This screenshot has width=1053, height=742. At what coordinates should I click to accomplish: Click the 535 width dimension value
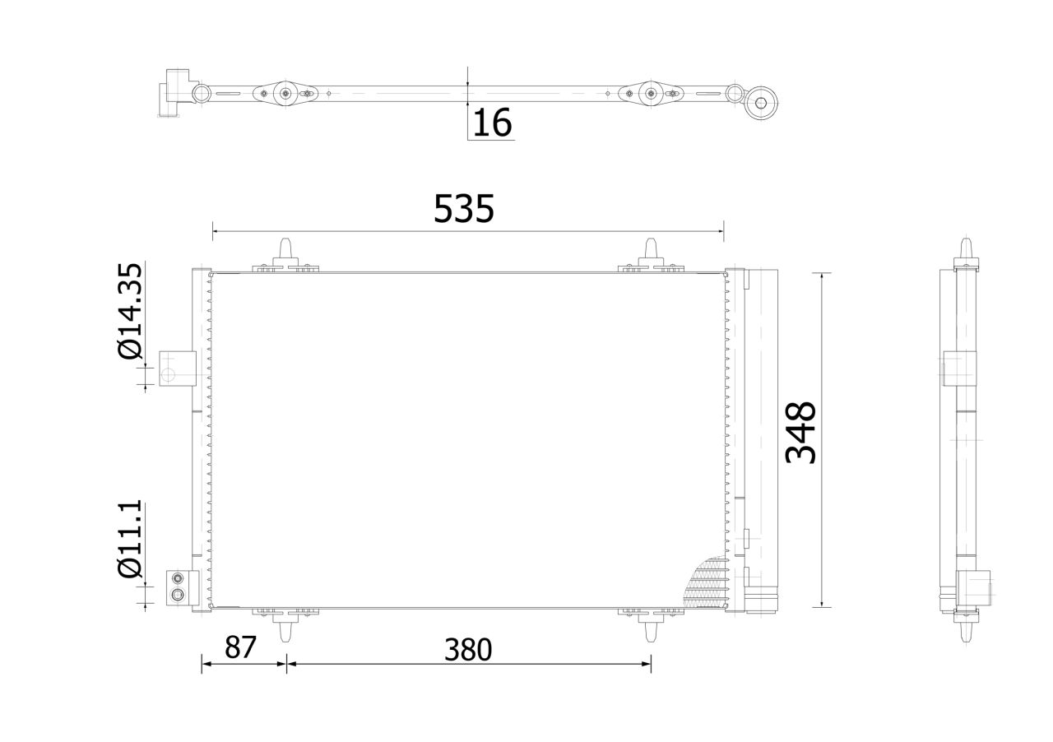(464, 209)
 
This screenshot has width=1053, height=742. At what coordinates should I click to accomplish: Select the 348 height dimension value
(800, 432)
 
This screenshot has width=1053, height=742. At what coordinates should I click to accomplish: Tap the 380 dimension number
(468, 650)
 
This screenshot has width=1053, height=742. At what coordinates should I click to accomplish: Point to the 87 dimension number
(241, 647)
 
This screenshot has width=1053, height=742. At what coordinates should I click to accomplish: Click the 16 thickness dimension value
(493, 123)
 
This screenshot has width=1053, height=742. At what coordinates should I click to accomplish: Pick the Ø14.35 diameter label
(130, 311)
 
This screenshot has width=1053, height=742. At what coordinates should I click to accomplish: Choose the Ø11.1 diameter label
(130, 539)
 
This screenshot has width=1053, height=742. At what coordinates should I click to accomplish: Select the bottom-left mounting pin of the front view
(285, 628)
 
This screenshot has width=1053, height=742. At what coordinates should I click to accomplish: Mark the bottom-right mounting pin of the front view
(651, 628)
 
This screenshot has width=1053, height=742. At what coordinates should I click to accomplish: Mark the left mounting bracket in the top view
(285, 93)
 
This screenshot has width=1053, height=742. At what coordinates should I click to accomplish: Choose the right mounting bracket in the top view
(651, 93)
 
